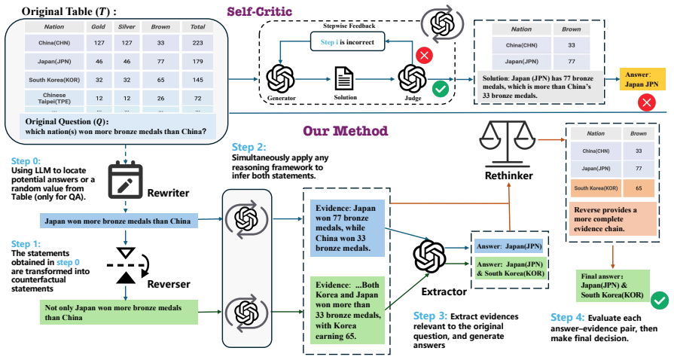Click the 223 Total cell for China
pyautogui.click(x=197, y=43)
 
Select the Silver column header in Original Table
pyautogui.click(x=127, y=26)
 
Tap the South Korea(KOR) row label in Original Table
pyautogui.click(x=54, y=80)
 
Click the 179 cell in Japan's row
pyautogui.click(x=197, y=62)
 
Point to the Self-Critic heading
pyautogui.click(x=260, y=11)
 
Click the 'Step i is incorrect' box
pyautogui.click(x=347, y=42)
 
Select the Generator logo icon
pyautogui.click(x=280, y=79)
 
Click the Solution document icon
pyautogui.click(x=344, y=79)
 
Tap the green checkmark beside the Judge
pyautogui.click(x=440, y=89)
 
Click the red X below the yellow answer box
pyautogui.click(x=646, y=102)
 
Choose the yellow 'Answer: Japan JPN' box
pyautogui.click(x=642, y=79)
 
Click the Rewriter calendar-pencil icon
pyautogui.click(x=125, y=181)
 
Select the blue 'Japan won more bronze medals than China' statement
pyautogui.click(x=118, y=221)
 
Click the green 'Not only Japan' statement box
pyautogui.click(x=119, y=313)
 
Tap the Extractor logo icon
pyautogui.click(x=429, y=256)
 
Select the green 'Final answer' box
pyautogui.click(x=612, y=285)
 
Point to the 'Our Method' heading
pyautogui.click(x=345, y=131)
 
